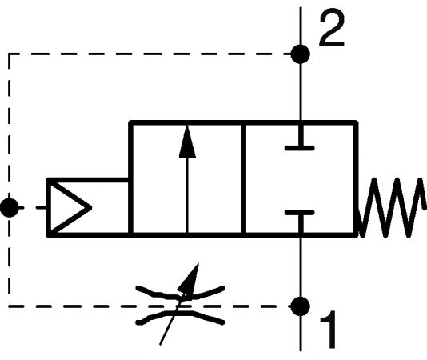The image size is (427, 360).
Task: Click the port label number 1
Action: pyautogui.click(x=329, y=330)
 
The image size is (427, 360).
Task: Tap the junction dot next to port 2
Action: pyautogui.click(x=301, y=54)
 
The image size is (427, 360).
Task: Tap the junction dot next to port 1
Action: pyautogui.click(x=301, y=306)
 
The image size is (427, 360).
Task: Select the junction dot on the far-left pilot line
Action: pyautogui.click(x=10, y=208)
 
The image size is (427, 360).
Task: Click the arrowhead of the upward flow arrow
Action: pyautogui.click(x=187, y=141)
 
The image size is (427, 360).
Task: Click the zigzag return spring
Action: pyautogui.click(x=392, y=208)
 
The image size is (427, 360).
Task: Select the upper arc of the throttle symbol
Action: pyautogui.click(x=180, y=294)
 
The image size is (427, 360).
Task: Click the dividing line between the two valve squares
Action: pyautogui.click(x=243, y=178)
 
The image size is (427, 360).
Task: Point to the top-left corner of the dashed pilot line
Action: pyautogui.click(x=10, y=54)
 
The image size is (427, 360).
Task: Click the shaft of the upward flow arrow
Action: pyautogui.click(x=187, y=195)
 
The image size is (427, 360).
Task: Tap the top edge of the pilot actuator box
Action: pyautogui.click(x=88, y=180)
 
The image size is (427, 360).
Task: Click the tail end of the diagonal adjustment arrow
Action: pyautogui.click(x=160, y=345)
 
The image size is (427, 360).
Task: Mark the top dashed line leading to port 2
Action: pyautogui.click(x=150, y=54)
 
